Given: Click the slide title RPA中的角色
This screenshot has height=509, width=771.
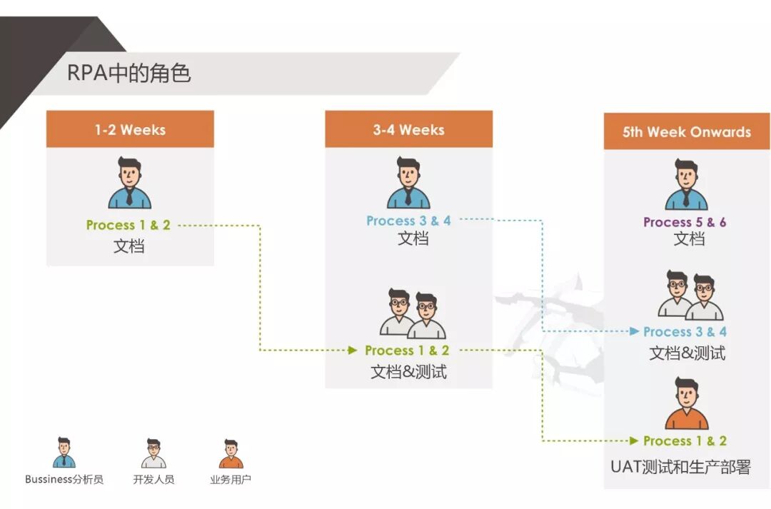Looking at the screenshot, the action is pos(128,74).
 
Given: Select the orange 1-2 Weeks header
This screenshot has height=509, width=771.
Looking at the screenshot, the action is pos(130,129).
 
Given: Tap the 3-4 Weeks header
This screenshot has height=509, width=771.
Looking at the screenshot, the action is pos(408,129).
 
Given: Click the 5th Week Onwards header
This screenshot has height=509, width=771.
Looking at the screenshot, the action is pos(687,131).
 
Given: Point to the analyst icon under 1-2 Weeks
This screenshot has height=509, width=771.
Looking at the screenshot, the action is pos(130,183).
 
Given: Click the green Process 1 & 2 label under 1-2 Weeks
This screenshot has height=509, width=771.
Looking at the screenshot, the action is pos(128,225).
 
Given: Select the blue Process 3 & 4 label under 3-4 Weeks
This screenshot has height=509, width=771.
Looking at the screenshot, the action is pos(408,221).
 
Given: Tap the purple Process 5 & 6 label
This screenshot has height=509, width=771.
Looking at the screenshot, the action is pos(685,223).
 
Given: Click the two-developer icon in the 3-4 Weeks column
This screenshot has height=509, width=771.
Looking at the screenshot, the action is pos(413,314).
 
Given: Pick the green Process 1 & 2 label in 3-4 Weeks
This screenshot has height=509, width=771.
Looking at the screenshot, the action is pos(407,351).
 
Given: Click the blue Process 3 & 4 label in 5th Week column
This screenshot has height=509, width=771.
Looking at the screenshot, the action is pos(685,332).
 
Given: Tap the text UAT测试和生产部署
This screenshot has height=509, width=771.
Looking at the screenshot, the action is pos(680,468).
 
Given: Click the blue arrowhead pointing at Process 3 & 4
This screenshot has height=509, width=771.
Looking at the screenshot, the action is pos(635,331).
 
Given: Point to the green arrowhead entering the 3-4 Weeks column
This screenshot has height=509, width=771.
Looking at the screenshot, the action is pos(352,351).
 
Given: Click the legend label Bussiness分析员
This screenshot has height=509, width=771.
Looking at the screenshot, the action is pos(64,479).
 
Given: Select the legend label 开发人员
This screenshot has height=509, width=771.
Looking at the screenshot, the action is pos(153,479).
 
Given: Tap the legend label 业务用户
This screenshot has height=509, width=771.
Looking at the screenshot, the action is pos(231,479).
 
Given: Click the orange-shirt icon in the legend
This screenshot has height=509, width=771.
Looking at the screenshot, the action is pos(231,454).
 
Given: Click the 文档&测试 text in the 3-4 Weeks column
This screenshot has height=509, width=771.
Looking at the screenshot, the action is pos(408,372).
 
